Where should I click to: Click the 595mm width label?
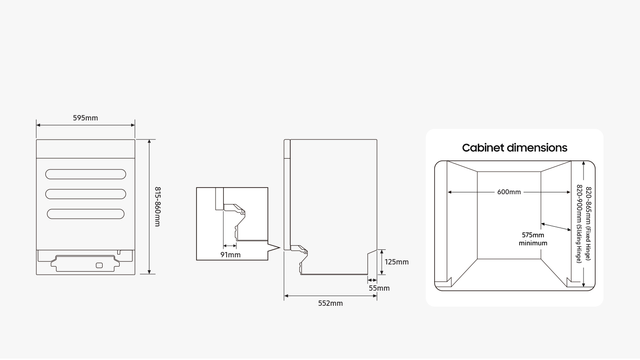coord(85,118)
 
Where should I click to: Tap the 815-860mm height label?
coord(157,206)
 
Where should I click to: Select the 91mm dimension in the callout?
coord(230,255)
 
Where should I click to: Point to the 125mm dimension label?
coord(396,262)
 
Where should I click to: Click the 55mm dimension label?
coord(379,288)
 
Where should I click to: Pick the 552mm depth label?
coord(330,303)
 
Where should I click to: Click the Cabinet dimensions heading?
coord(515,148)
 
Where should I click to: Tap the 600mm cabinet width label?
coord(509,192)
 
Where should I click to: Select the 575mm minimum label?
coord(533,239)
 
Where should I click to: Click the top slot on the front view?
coord(85,174)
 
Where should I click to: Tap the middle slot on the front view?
coord(85,194)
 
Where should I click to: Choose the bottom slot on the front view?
coord(85,214)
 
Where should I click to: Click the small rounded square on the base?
coord(99,265)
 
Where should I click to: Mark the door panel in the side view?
coord(287,196)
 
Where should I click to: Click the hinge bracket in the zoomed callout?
coord(236,218)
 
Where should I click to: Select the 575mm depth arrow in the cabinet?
coord(556,227)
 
